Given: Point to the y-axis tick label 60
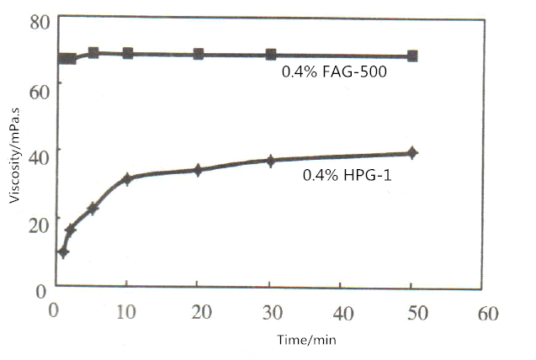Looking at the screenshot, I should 40,85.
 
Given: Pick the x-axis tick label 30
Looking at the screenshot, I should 270,310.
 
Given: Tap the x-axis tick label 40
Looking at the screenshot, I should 342,310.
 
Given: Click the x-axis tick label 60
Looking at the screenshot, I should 486,311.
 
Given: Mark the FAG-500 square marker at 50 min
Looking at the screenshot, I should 412,56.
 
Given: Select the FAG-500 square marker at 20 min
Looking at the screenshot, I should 199,54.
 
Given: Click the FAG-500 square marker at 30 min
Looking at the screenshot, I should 271,55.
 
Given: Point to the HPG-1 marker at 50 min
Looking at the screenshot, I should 412,152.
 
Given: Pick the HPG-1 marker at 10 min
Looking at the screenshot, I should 127,178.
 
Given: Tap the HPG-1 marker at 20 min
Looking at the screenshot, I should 199,169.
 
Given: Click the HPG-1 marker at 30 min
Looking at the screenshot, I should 271,160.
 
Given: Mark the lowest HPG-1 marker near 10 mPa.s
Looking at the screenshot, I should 62,251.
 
